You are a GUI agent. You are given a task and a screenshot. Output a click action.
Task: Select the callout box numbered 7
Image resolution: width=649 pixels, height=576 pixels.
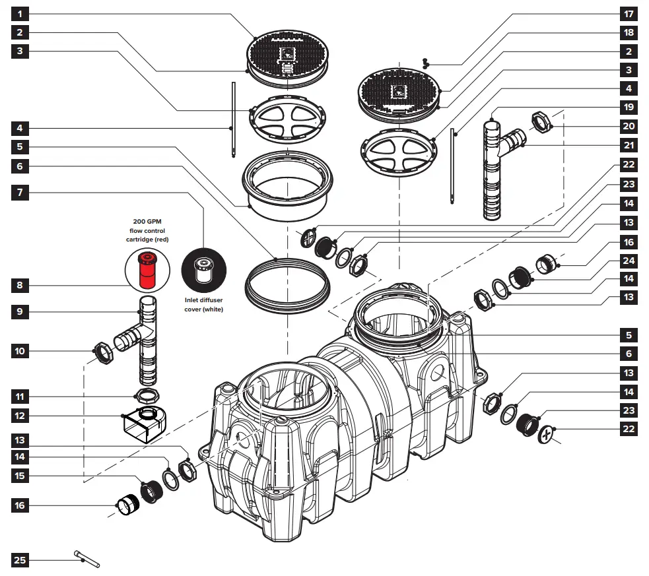tap(20, 193)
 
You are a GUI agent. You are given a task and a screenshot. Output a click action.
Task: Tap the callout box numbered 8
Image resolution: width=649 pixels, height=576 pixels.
tap(20, 286)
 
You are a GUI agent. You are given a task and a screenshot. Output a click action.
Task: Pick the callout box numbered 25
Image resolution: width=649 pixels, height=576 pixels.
tap(20, 561)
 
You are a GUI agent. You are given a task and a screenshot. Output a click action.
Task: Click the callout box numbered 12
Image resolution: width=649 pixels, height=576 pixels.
tap(20, 416)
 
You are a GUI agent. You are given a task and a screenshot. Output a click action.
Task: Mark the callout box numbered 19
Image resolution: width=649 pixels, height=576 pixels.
tap(629, 106)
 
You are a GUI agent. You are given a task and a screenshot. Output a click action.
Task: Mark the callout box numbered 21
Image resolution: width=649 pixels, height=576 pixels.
tap(629, 144)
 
